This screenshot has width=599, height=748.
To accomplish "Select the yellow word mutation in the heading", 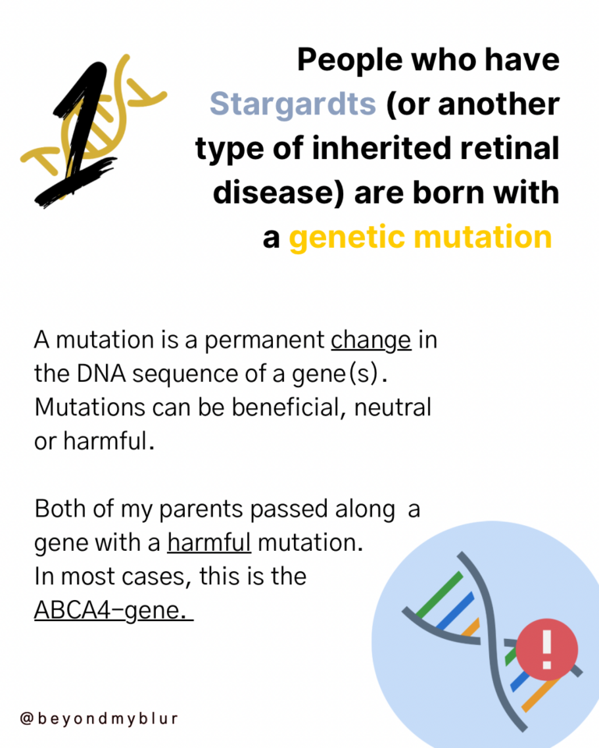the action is tap(483, 237).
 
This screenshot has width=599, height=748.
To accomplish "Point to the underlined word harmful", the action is tap(209, 542).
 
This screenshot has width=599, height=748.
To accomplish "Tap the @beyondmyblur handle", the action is tap(99, 718).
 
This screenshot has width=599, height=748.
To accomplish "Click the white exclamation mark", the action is tap(547, 649).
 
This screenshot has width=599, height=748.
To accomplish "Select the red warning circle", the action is tap(547, 649).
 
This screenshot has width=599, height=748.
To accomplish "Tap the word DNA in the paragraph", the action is tap(101, 374).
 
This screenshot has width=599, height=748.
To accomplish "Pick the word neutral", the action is tap(392, 408).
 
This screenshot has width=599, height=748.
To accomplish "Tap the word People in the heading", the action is tap(350, 61).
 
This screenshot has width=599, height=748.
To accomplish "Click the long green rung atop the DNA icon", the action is tap(439, 593).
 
